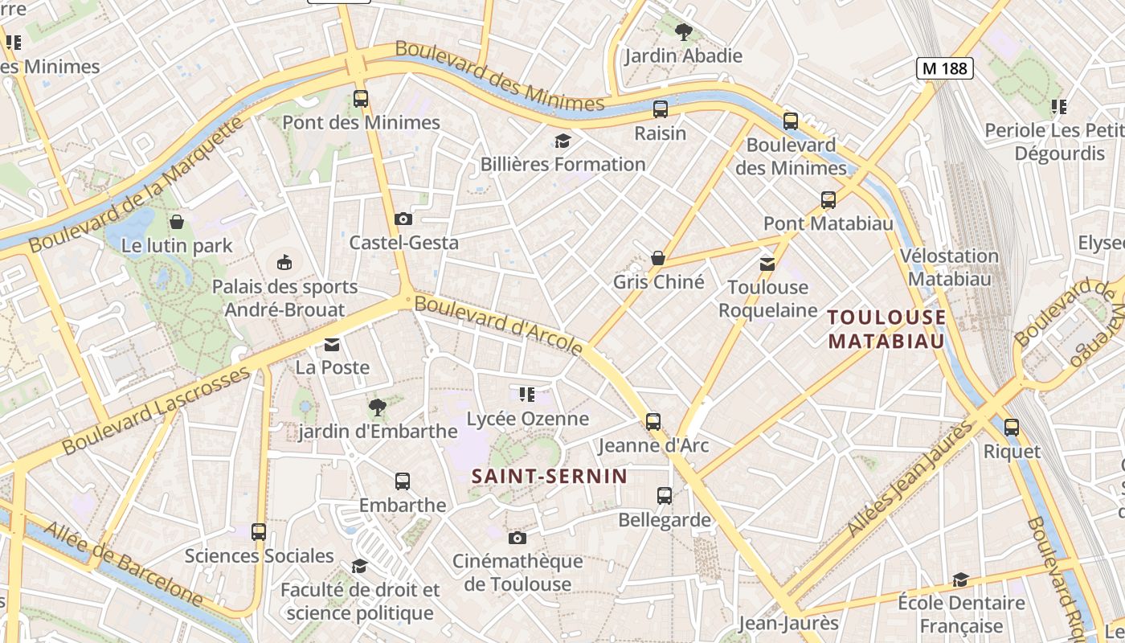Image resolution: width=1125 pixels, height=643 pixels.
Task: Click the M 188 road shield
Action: (x=945, y=68)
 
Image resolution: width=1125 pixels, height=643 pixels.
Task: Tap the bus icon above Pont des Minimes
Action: (x=361, y=99)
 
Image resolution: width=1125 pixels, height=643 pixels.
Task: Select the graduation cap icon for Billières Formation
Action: (x=562, y=141)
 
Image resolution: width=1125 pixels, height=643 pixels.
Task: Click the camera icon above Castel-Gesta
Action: (x=403, y=219)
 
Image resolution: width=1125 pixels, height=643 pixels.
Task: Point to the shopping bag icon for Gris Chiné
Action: (x=658, y=258)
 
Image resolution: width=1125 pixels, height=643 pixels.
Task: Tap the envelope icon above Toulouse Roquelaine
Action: (x=767, y=264)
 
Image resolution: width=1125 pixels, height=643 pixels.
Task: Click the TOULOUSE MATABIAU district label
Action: (x=886, y=329)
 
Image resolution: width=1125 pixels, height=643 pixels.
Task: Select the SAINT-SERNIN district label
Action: (x=549, y=476)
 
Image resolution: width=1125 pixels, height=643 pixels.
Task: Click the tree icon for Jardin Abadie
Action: (x=684, y=32)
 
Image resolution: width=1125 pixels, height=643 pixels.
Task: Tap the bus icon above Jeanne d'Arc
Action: (x=653, y=421)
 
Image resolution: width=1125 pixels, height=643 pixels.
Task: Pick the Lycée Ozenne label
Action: (x=528, y=419)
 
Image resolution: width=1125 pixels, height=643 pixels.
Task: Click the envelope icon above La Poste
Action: (x=332, y=345)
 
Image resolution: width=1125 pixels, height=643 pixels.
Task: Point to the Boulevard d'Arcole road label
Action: (x=499, y=326)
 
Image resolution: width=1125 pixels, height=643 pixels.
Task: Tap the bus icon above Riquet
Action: (x=1012, y=428)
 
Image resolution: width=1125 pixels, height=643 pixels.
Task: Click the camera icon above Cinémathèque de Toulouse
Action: (x=517, y=538)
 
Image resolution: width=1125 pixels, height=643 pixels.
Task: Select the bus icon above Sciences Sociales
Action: (x=259, y=531)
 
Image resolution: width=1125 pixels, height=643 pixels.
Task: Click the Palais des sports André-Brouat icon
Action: (x=284, y=262)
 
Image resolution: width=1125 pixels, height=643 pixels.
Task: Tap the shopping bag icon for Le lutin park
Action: (x=177, y=221)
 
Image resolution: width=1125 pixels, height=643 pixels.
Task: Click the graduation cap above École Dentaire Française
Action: (x=960, y=580)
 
